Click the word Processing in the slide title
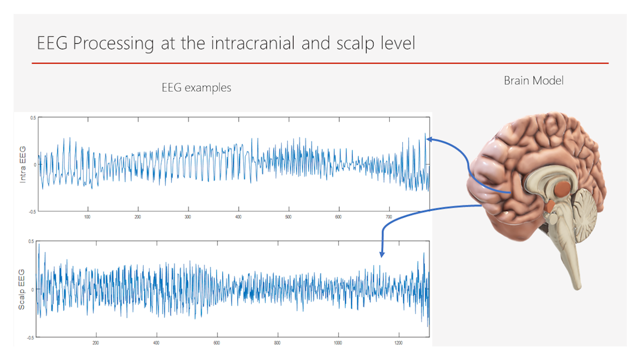pyautogui.click(x=113, y=44)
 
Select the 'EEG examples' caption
pyautogui.click(x=196, y=87)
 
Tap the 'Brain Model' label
pyautogui.click(x=533, y=80)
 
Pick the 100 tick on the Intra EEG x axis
pyautogui.click(x=87, y=217)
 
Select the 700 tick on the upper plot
pyautogui.click(x=389, y=217)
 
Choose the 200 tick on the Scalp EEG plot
pyautogui.click(x=96, y=342)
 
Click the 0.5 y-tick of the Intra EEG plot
pyautogui.click(x=32, y=118)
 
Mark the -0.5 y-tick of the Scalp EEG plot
pyautogui.click(x=31, y=337)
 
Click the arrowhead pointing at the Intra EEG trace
pyautogui.click(x=429, y=138)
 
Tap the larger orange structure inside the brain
pyautogui.click(x=563, y=188)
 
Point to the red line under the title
pyautogui.click(x=320, y=63)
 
